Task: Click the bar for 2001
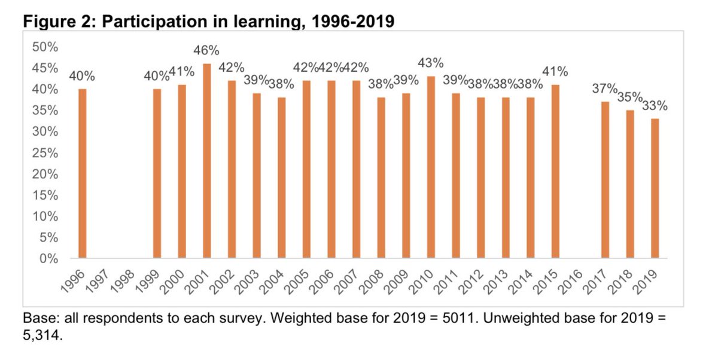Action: [207, 161]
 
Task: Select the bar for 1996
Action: [83, 174]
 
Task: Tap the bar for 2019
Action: [655, 189]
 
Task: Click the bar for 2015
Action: [555, 172]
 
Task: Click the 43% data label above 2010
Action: [431, 63]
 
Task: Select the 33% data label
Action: [655, 106]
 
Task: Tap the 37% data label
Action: [605, 89]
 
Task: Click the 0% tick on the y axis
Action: [48, 259]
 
